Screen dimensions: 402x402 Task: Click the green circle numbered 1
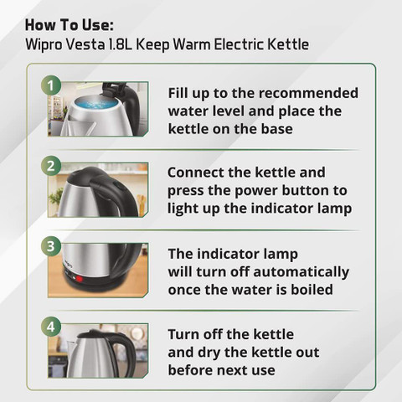[x=51, y=85]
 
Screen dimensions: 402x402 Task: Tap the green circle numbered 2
[x=51, y=166]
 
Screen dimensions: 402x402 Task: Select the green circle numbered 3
[x=51, y=246]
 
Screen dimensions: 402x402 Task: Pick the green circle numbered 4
[x=51, y=327]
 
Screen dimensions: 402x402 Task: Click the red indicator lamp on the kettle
[x=79, y=279]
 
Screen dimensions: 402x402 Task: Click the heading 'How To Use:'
[x=70, y=25]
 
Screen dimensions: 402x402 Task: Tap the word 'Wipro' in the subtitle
[x=44, y=44]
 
